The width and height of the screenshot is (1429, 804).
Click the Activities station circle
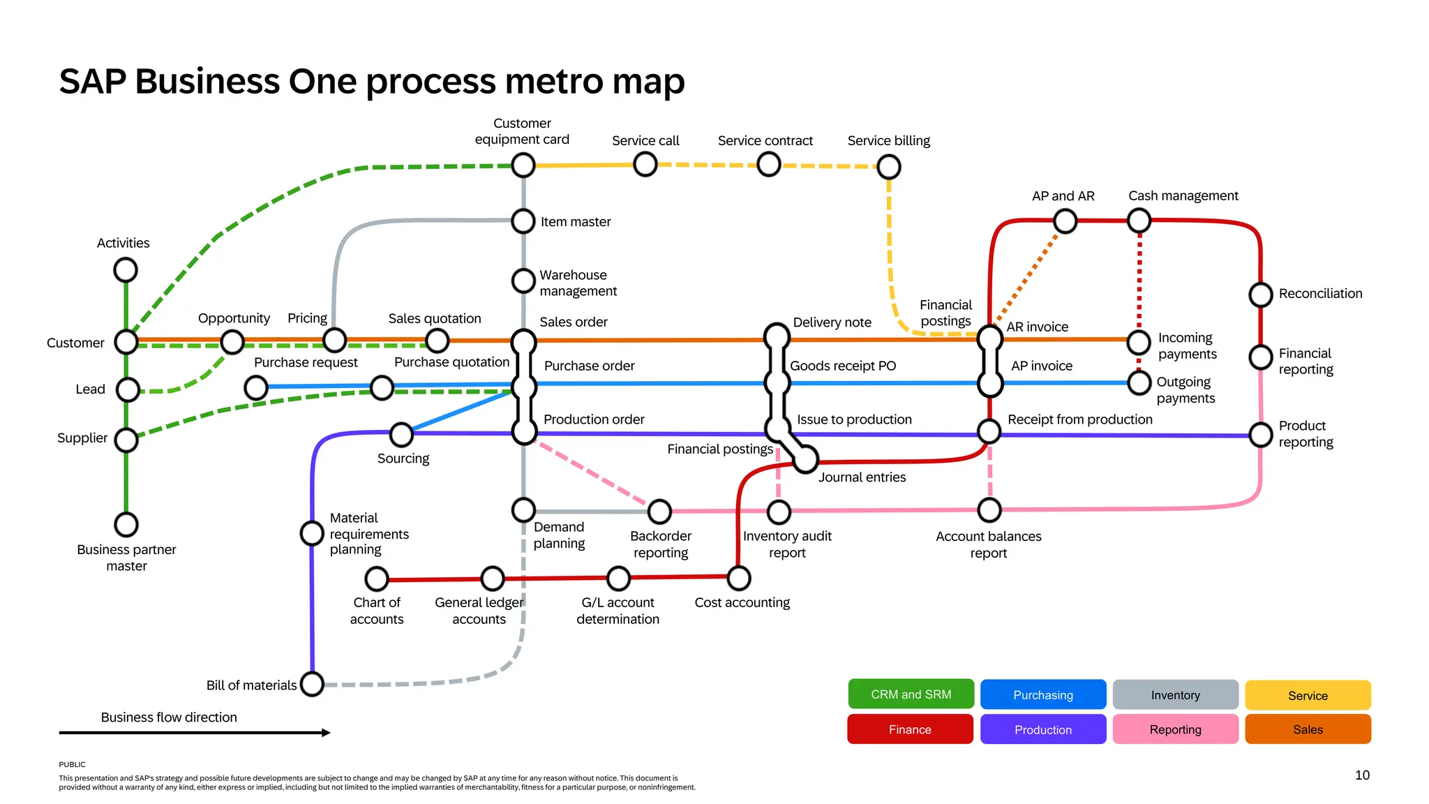126,269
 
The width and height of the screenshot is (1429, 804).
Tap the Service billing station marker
888,167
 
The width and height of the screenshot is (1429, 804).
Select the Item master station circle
523,221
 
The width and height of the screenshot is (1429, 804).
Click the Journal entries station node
806,459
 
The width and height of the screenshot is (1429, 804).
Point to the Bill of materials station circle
312,684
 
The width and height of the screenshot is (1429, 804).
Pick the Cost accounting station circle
738,578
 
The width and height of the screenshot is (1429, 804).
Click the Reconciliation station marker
1260,295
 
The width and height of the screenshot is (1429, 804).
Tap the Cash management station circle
1139,221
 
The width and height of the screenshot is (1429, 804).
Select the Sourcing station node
401,434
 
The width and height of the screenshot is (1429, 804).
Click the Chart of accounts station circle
377,579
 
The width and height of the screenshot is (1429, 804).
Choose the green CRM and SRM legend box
911,694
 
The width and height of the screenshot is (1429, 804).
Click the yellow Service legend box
1308,695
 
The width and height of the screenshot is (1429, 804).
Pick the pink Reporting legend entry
1175,729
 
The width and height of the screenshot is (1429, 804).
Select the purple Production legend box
1042,729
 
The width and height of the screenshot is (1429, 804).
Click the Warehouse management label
578,283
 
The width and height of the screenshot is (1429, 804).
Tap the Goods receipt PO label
842,366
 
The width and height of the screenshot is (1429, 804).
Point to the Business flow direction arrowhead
326,732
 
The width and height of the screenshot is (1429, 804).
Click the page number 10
1362,775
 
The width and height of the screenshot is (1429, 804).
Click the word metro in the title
553,81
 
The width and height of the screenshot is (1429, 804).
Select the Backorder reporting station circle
659,512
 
